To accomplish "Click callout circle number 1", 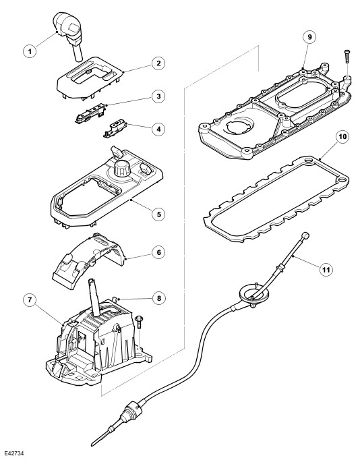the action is point(30,51).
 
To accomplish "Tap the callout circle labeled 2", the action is point(158,63).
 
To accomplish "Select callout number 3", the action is point(158,96).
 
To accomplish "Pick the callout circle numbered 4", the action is point(158,129).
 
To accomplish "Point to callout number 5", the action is point(158,214).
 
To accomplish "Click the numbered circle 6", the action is point(158,252).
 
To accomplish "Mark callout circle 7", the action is point(30,299).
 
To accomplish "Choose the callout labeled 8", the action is point(158,298).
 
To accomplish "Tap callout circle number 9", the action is point(310,37).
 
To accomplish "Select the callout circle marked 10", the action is point(342,137).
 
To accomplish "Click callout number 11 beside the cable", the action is point(326,269).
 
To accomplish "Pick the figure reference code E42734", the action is point(14,453).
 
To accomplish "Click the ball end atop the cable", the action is point(305,235).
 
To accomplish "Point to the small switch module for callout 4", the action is point(115,129).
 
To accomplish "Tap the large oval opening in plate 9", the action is point(301,94).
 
